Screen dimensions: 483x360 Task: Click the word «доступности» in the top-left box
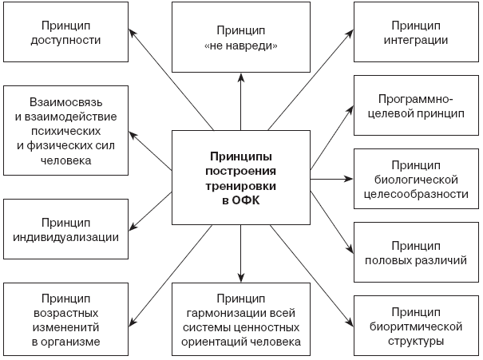click(x=65, y=41)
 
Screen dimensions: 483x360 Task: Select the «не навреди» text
click(x=241, y=45)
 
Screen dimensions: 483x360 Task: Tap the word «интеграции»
click(x=416, y=41)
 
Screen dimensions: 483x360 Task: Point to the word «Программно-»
click(x=416, y=100)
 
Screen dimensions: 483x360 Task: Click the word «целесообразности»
click(x=416, y=195)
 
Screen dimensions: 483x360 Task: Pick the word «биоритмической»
click(x=416, y=326)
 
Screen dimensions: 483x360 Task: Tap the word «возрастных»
click(x=65, y=313)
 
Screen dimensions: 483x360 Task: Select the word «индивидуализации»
click(x=65, y=237)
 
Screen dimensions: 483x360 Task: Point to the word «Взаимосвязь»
click(x=65, y=102)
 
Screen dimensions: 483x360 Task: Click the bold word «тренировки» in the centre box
click(x=241, y=186)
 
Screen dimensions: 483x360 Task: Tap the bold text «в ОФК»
click(x=241, y=200)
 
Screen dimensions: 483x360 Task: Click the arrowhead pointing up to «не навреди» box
click(x=241, y=77)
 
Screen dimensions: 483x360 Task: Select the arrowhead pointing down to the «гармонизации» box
click(x=241, y=278)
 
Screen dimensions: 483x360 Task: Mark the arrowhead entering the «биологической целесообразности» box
click(x=349, y=179)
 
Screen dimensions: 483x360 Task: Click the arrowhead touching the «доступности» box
click(x=132, y=33)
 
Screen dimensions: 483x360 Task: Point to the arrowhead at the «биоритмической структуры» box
click(x=350, y=322)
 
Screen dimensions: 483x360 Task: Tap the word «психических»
click(x=65, y=132)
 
